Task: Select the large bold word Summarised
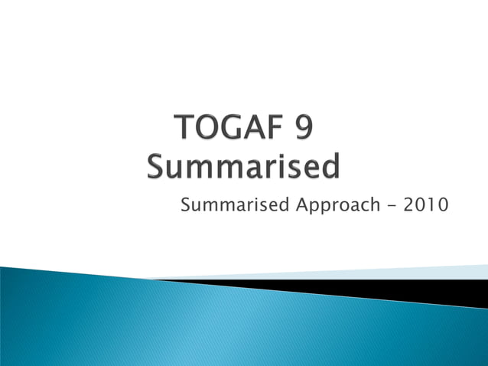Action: (243, 165)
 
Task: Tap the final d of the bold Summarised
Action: (331, 165)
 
